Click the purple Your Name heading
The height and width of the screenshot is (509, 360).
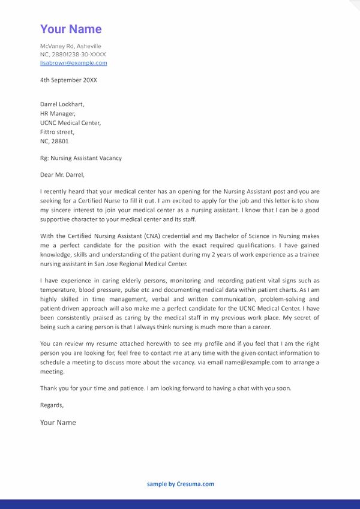tap(71, 29)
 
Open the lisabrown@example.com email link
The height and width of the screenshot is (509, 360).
tap(73, 63)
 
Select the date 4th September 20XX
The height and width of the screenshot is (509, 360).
tap(68, 80)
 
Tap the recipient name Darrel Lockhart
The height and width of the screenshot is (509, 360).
tap(62, 104)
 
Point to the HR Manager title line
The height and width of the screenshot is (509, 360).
tap(58, 113)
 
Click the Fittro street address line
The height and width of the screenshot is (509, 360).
tap(57, 132)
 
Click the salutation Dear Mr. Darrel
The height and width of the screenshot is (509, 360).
tap(62, 175)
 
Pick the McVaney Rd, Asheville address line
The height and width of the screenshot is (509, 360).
tap(70, 46)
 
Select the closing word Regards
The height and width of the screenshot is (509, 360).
tap(52, 405)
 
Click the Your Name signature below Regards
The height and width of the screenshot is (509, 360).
tap(58, 423)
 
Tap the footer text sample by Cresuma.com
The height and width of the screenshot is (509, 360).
tap(180, 484)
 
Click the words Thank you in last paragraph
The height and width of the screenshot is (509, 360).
tap(53, 388)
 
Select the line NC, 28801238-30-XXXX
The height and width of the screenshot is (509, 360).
tap(73, 55)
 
